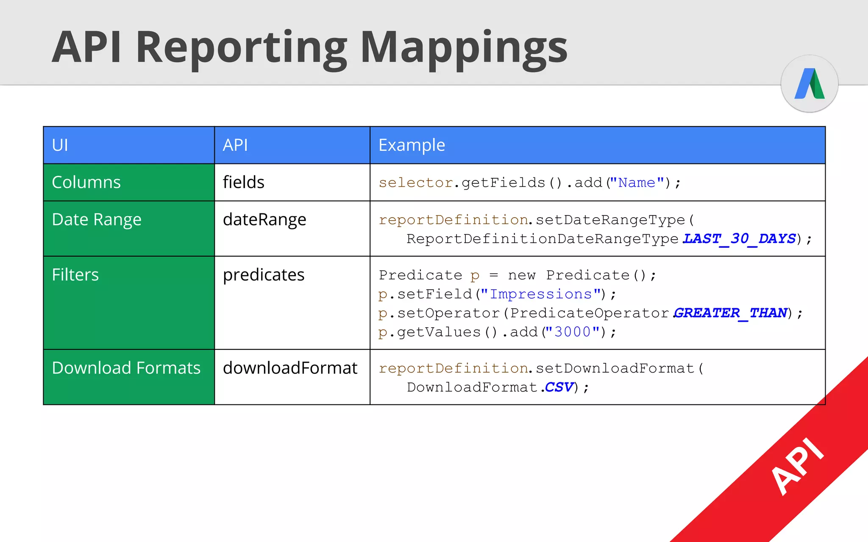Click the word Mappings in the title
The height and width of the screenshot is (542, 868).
coord(464,47)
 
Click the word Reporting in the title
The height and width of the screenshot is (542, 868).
coord(241,47)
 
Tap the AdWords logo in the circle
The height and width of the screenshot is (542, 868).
coord(810,83)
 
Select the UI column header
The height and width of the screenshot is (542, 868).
coord(60,145)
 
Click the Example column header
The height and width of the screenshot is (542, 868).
coord(412,145)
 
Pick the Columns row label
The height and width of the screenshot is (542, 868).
coord(86,182)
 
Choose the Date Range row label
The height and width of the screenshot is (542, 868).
coord(97,219)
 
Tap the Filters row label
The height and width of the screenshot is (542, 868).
coord(75,275)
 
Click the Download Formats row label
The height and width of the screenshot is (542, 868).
coord(126,368)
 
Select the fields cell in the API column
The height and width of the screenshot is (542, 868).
coord(243,182)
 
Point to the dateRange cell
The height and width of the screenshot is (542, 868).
coord(264,219)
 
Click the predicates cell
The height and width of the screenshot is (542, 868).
coord(264,275)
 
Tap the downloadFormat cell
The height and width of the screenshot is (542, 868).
coord(290,368)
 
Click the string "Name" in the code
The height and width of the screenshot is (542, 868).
coord(637,183)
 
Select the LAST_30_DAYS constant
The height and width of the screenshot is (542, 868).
coord(739,239)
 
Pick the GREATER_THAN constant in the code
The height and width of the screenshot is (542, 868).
coord(731,313)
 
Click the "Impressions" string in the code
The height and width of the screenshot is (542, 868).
coord(540,294)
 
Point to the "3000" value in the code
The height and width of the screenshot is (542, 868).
coord(572,332)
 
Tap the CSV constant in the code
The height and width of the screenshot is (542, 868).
coord(559,387)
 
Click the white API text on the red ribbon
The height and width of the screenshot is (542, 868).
coord(797,466)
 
